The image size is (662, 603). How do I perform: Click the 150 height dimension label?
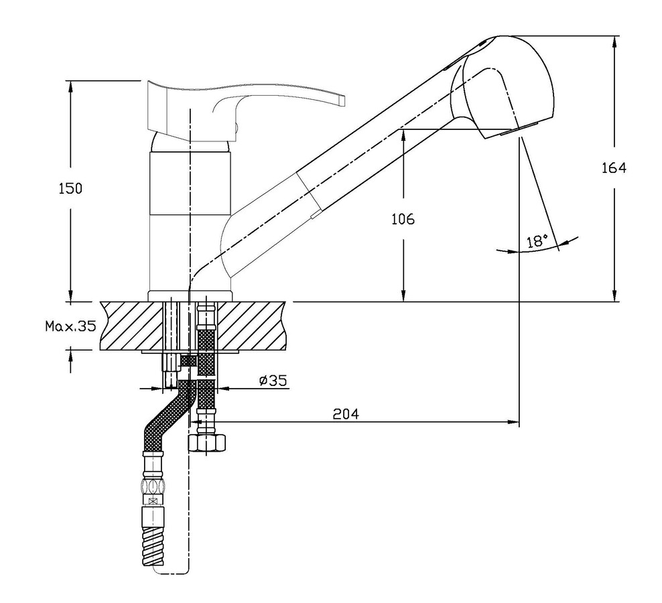[70, 188]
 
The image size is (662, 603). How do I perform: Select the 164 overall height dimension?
[614, 168]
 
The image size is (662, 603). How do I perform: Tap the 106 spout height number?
[403, 219]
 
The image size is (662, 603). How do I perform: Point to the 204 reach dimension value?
[346, 414]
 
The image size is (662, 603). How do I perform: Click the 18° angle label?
[537, 241]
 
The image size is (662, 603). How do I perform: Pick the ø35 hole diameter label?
[273, 381]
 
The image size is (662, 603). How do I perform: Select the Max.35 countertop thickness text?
[71, 326]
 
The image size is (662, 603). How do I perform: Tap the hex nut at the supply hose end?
[206, 443]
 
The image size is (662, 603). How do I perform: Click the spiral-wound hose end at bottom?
[153, 547]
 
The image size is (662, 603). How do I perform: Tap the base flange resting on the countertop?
[190, 296]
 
